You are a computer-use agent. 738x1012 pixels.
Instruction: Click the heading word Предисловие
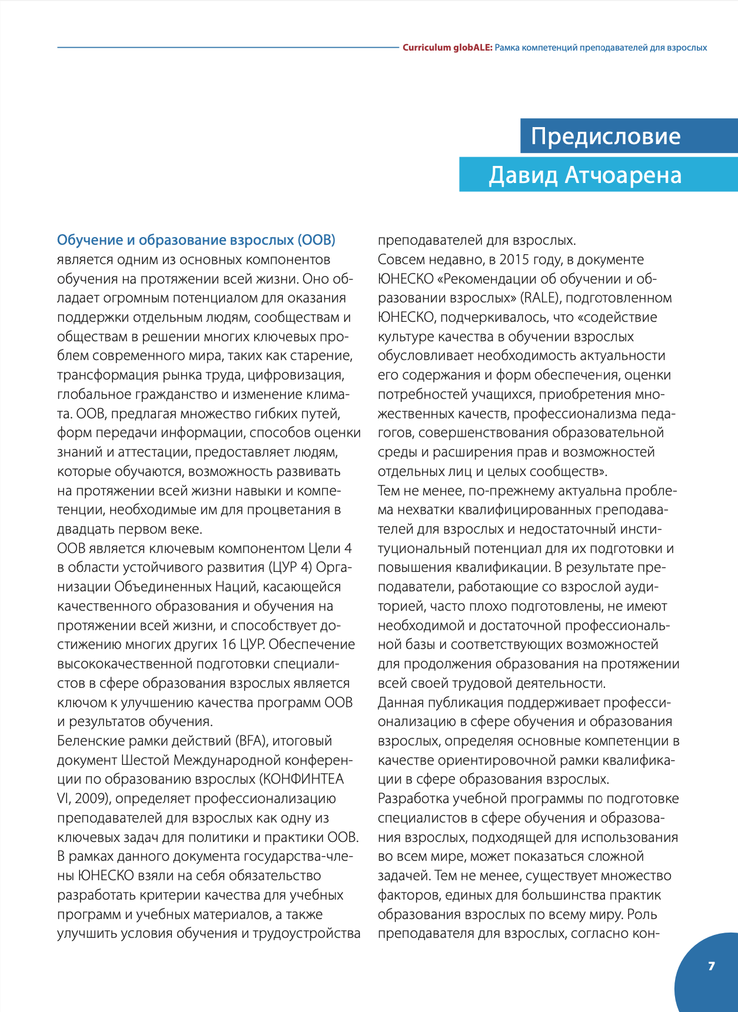605,137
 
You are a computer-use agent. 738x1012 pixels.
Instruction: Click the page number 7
712,966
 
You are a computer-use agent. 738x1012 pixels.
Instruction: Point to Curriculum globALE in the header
447,48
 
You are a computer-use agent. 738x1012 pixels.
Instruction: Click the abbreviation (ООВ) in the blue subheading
317,240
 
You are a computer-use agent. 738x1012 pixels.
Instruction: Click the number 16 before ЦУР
228,644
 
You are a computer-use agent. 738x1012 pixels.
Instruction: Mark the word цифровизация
295,375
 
